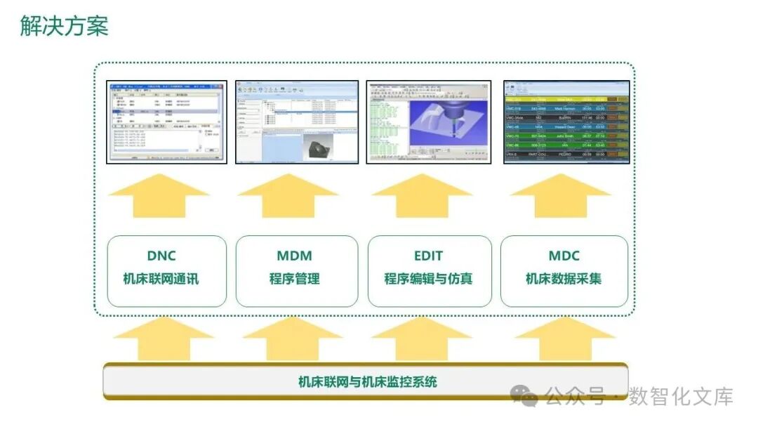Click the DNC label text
(x=161, y=256)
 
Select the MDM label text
(x=294, y=256)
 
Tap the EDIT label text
(x=428, y=256)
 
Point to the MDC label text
(x=564, y=256)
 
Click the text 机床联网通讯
(x=161, y=279)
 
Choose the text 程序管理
(x=294, y=279)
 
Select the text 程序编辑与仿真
(x=428, y=279)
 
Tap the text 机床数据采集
(x=564, y=279)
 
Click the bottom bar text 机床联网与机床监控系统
(x=367, y=382)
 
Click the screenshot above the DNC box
(x=166, y=122)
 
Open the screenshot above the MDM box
(x=296, y=122)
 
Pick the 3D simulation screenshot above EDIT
(x=428, y=122)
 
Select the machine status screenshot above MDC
(x=566, y=122)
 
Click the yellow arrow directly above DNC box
(x=159, y=196)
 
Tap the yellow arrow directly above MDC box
(x=560, y=196)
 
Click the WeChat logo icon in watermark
(x=524, y=395)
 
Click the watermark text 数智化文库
(x=680, y=396)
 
